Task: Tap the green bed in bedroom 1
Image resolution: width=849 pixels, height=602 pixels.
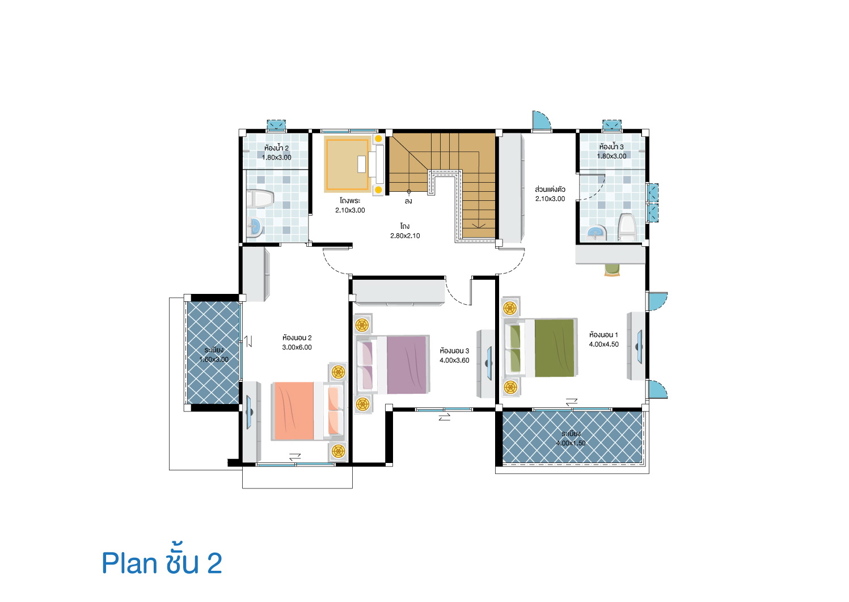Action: pos(540,348)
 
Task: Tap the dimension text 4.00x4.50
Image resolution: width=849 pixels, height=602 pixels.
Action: pos(603,344)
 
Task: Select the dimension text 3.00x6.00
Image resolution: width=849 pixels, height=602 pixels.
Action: pos(297,347)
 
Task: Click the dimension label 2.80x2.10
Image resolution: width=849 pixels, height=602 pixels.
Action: pos(405,236)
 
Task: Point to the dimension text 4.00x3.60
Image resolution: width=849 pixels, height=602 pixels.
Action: pos(454,360)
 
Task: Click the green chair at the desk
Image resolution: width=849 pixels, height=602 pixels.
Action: pos(611,270)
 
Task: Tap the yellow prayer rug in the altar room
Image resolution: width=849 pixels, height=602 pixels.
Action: pos(347,164)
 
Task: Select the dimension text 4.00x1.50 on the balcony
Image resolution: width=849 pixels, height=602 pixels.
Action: pos(571,443)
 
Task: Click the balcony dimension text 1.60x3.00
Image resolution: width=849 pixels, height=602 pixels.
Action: pos(214,359)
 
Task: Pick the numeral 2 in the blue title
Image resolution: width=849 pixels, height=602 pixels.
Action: pos(214,564)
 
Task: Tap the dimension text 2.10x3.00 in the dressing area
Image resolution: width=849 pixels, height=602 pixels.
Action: pos(550,199)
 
